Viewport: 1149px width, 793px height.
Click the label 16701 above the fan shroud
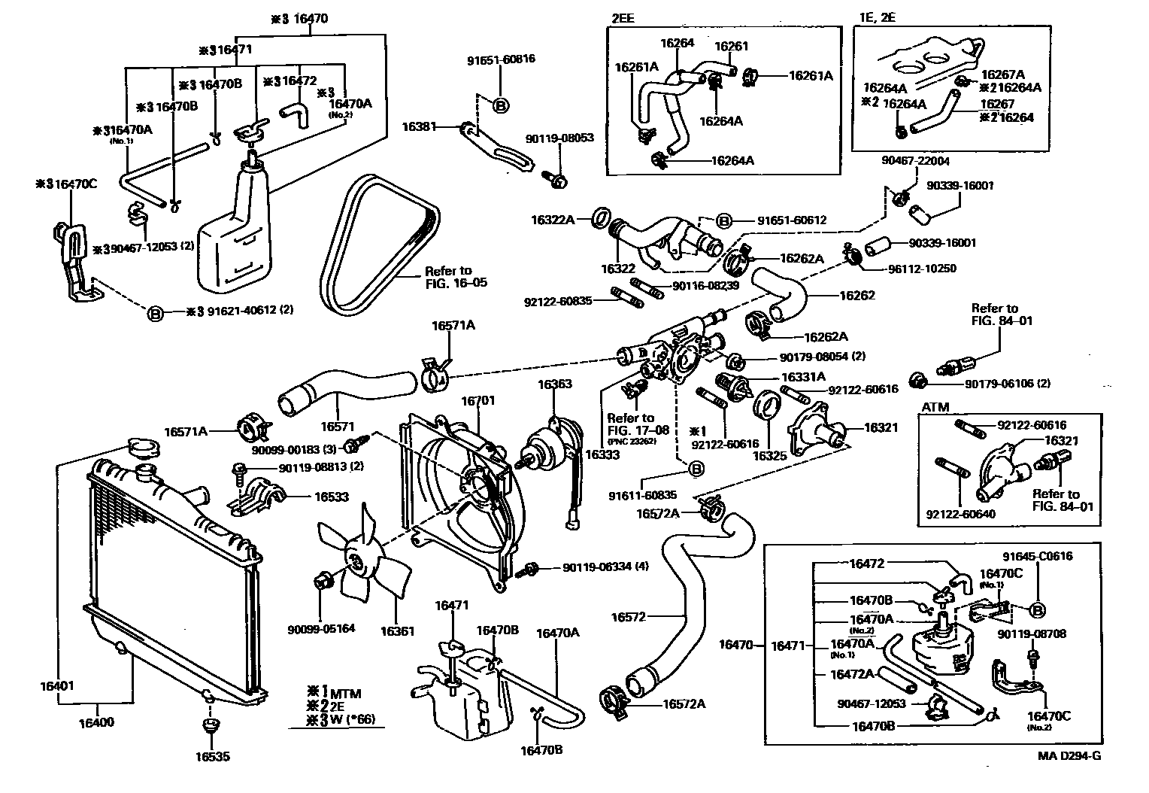pyautogui.click(x=478, y=401)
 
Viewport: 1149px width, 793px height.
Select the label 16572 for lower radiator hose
pyautogui.click(x=629, y=617)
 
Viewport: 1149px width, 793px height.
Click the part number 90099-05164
pyautogui.click(x=321, y=629)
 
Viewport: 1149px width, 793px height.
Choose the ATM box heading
pyautogui.click(x=935, y=407)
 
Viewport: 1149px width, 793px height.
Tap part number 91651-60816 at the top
pyautogui.click(x=501, y=59)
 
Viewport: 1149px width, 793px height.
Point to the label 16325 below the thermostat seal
pyautogui.click(x=769, y=455)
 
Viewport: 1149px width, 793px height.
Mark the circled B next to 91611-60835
pyautogui.click(x=696, y=469)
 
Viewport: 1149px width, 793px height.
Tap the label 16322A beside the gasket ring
pyautogui.click(x=553, y=220)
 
